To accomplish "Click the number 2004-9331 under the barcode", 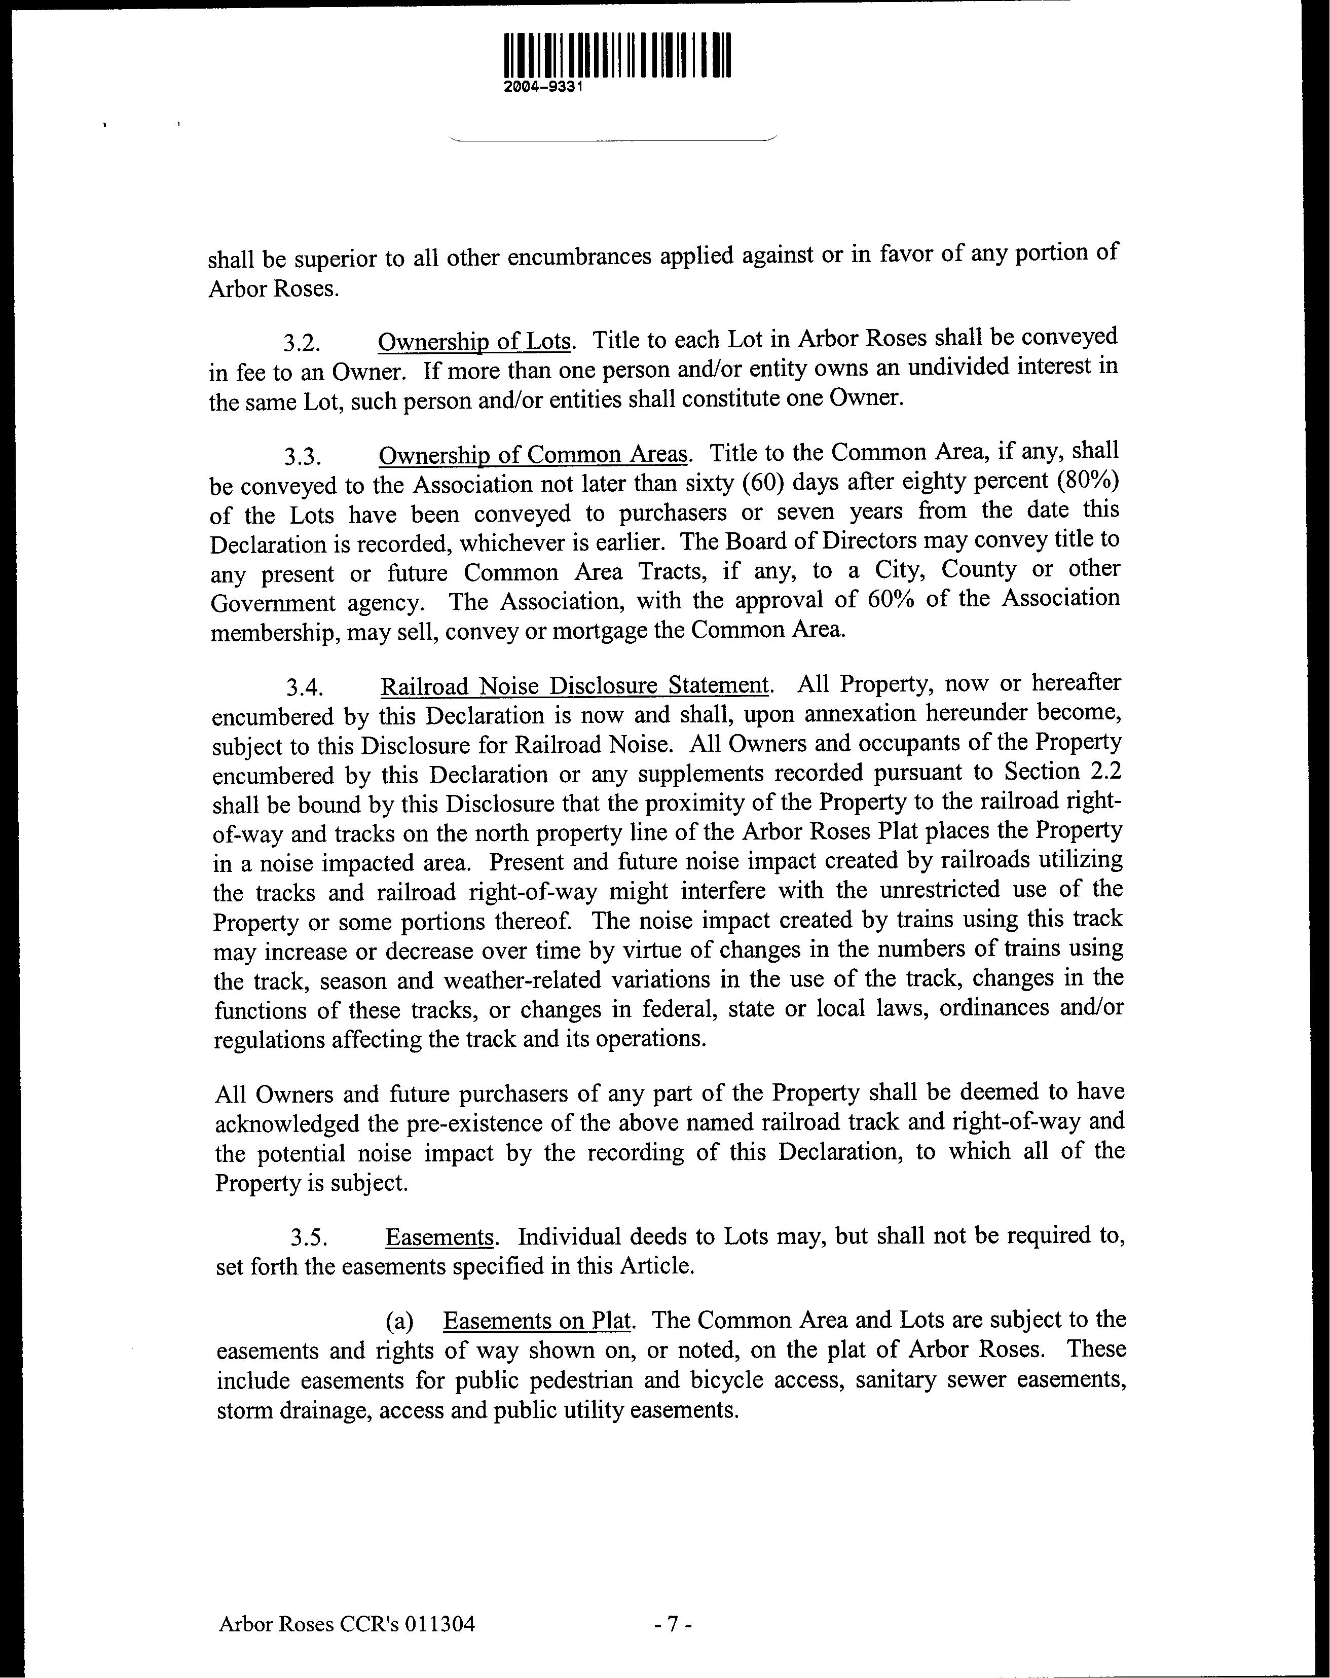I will (544, 88).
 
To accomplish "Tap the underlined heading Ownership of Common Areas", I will (533, 455).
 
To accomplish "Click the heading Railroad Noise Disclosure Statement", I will (574, 686).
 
